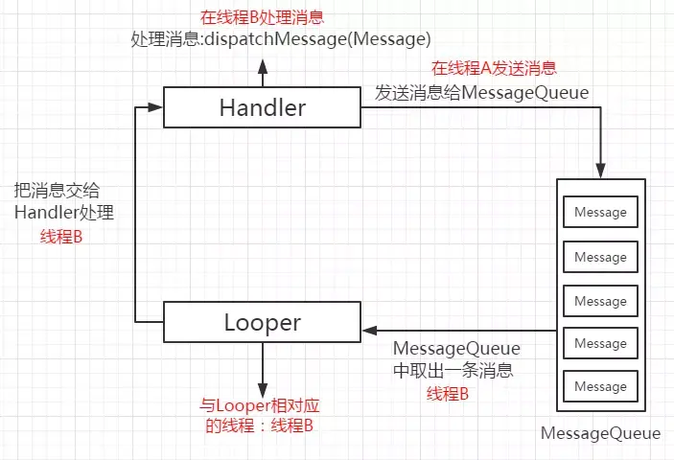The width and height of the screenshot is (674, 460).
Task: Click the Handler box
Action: pos(262,107)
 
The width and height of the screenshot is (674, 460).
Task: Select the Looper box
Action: pos(262,322)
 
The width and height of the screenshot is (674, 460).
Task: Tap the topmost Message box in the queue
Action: pos(600,212)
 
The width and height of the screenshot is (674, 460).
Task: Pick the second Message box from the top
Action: pos(600,257)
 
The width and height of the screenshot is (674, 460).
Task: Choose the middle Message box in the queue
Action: pos(600,301)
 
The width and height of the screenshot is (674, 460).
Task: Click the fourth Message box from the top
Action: pos(600,343)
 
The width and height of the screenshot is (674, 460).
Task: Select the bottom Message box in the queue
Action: pos(600,386)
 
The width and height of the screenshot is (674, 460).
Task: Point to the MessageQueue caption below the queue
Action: pos(600,433)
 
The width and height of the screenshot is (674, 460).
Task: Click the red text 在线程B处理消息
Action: pos(261,18)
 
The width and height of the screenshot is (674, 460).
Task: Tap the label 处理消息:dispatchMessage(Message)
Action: pos(281,39)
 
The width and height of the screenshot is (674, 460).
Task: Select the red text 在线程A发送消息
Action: pos(494,68)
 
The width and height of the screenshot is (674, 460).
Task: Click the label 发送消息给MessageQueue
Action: pos(481,92)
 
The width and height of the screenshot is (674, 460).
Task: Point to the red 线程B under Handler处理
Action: pos(60,236)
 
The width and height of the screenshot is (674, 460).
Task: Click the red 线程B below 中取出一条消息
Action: pos(448,394)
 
